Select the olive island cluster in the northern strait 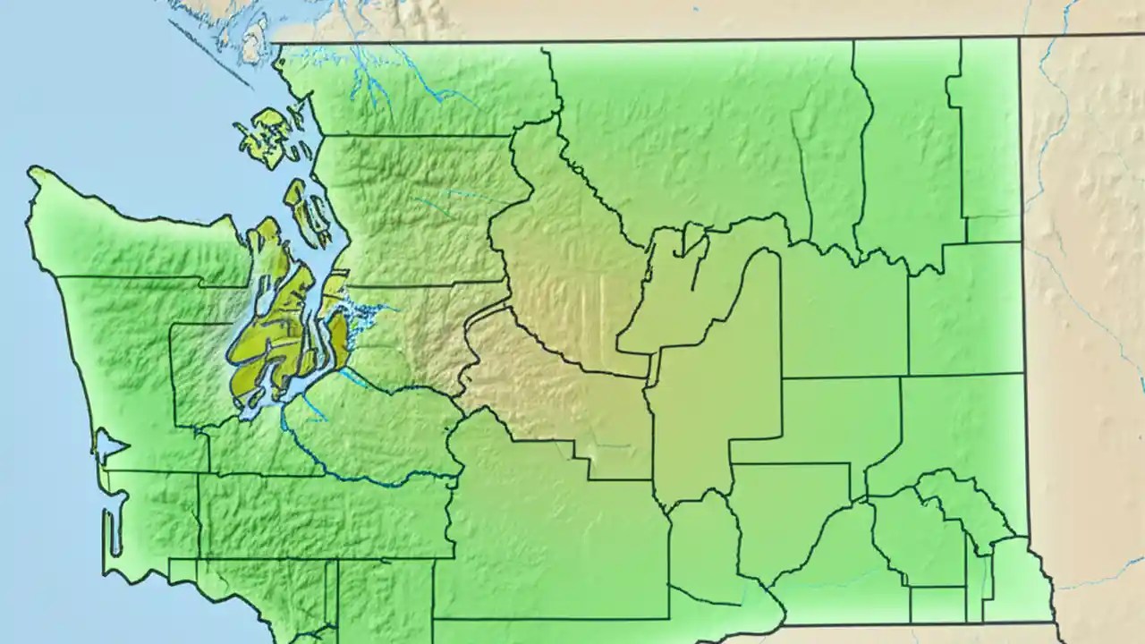(x=267, y=139)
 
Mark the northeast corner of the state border (x=1019, y=38)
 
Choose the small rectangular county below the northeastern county (x=993, y=229)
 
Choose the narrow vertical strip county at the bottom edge (x=331, y=599)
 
